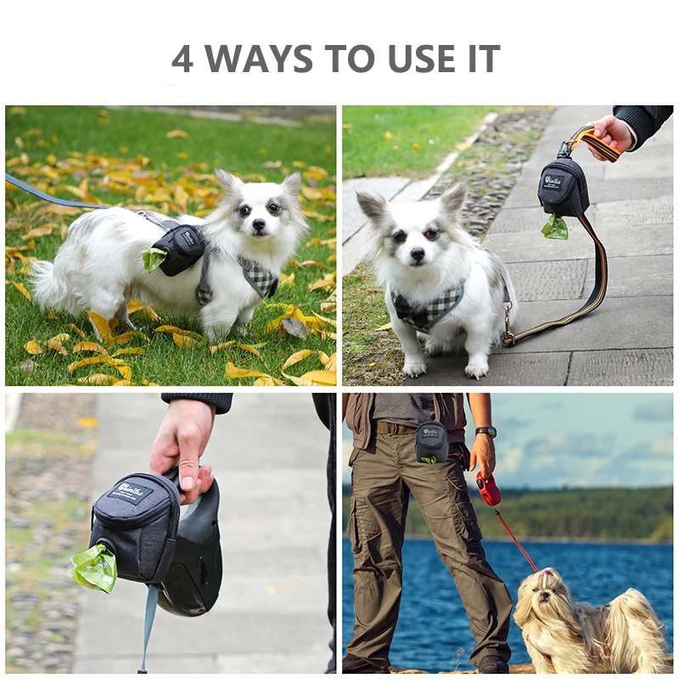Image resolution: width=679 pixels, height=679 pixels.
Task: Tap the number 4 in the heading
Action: [x=182, y=59]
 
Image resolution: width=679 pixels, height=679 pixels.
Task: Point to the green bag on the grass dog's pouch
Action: [x=153, y=259]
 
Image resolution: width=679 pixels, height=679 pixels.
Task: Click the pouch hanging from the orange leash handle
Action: [x=562, y=187]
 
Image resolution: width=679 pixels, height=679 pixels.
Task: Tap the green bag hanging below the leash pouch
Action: [x=555, y=227]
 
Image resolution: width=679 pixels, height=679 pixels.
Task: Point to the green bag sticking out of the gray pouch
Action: [x=95, y=568]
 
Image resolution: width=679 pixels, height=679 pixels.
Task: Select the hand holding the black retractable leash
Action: [x=183, y=446]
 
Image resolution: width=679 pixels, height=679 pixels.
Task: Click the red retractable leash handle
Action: [x=488, y=489]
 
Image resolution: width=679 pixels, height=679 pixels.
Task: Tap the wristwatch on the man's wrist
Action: [x=485, y=432]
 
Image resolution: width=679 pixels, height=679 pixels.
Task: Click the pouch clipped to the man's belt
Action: [x=432, y=442]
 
